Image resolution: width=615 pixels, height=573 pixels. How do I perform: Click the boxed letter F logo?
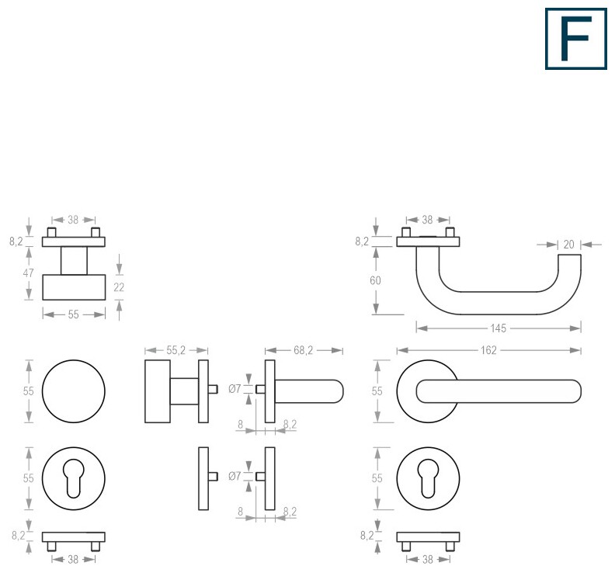575,39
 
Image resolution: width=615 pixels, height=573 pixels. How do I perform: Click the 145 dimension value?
498,328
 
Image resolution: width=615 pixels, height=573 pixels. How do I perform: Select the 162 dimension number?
488,350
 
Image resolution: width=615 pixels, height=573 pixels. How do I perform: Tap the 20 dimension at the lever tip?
568,245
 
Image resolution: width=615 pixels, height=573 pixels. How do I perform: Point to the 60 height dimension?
375,280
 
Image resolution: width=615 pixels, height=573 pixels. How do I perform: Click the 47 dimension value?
28,273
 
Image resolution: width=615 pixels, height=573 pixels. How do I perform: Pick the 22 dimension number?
119,287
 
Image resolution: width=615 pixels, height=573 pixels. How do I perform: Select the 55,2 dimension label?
175,350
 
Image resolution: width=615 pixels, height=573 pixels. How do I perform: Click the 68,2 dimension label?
303,350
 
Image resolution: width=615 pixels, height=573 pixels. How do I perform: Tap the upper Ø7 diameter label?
235,389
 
